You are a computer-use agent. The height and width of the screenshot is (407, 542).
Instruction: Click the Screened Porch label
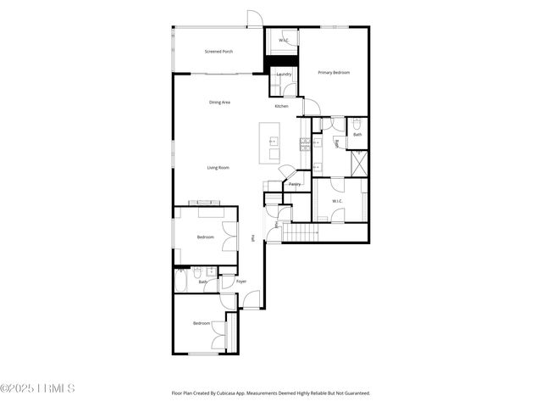click(218, 52)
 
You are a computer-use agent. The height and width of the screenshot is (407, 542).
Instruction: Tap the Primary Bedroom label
click(334, 73)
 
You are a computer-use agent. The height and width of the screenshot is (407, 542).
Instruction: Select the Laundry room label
click(284, 75)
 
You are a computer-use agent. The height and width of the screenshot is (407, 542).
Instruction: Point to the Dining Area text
click(220, 103)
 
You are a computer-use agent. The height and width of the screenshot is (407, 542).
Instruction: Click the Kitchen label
click(281, 106)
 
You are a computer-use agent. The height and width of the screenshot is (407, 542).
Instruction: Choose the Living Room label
click(218, 167)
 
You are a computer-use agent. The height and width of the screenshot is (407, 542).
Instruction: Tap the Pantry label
click(295, 184)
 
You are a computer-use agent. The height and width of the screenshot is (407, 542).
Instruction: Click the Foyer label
click(241, 281)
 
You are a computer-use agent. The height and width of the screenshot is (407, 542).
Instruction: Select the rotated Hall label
click(253, 240)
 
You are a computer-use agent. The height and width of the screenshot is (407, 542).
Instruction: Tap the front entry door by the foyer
click(252, 299)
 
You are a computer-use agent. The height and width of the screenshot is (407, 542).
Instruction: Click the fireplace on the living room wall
click(205, 203)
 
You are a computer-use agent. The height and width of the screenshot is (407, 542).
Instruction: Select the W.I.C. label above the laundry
click(284, 41)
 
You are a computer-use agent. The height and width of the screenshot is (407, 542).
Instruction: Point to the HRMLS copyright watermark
click(38, 389)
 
